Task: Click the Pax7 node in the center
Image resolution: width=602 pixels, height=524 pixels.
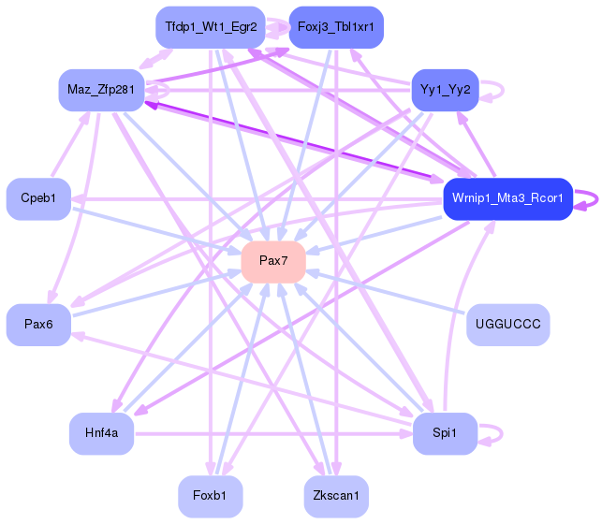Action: coord(273,261)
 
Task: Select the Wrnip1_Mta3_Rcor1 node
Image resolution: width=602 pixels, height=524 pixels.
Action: coord(507,198)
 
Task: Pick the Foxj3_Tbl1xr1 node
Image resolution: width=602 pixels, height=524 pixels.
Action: coord(336,27)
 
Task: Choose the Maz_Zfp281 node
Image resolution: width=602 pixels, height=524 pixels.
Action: coord(101,90)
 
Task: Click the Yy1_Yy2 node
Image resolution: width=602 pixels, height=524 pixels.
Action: coord(446,90)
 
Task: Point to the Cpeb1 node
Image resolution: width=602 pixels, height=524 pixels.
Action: coord(38,198)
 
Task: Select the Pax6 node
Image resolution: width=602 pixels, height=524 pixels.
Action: coord(38,324)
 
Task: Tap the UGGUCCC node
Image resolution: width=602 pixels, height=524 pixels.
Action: coord(507,324)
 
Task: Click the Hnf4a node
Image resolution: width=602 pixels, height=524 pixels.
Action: coord(101,432)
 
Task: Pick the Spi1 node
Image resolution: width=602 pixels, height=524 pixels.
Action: coord(446,432)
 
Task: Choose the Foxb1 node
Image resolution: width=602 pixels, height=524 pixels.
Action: coord(211,495)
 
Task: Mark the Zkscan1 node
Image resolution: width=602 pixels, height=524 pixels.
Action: coord(336,495)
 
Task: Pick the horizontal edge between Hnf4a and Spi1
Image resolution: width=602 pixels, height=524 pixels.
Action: coord(272,433)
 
